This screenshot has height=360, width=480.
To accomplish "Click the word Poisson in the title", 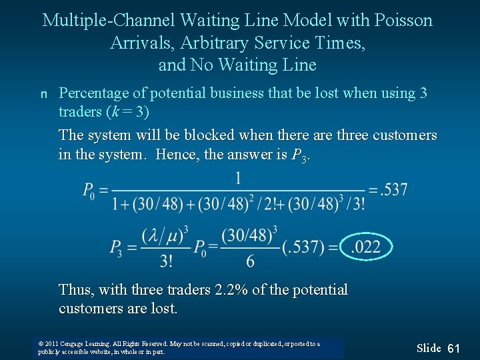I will (405, 21).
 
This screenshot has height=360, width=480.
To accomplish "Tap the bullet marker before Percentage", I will (45, 94).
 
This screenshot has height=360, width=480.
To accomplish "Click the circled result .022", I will (366, 248).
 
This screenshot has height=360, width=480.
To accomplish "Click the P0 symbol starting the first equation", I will (89, 191).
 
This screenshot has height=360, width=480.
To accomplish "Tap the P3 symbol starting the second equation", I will (117, 249).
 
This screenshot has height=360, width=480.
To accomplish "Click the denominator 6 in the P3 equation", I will (250, 261).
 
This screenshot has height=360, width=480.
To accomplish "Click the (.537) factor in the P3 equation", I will (304, 248).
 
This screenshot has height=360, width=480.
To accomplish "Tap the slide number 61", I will (454, 348).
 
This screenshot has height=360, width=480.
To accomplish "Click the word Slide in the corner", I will (429, 348).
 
